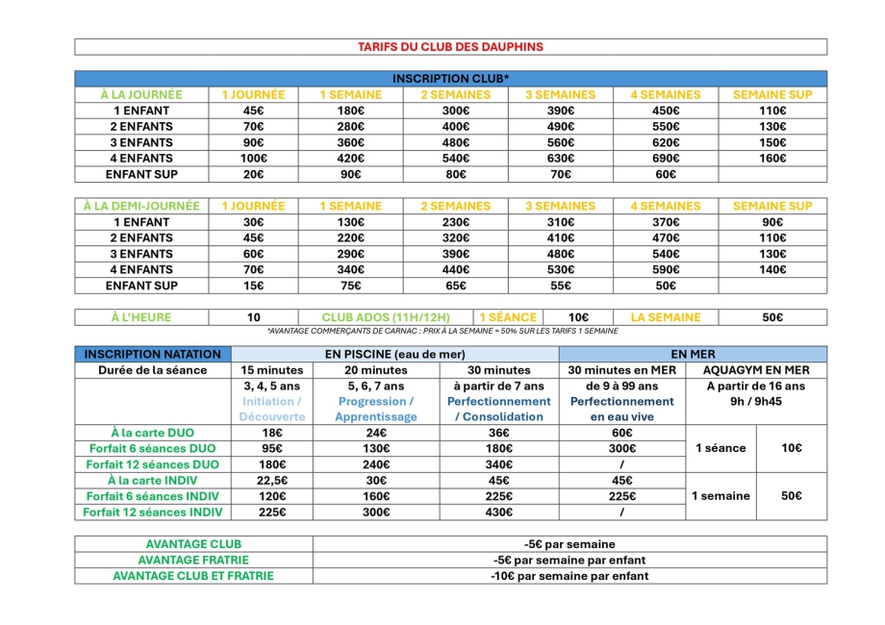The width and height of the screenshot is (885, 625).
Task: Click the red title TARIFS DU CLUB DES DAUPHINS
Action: pyautogui.click(x=450, y=46)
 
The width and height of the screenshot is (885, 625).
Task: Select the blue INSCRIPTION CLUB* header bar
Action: pyautogui.click(x=450, y=79)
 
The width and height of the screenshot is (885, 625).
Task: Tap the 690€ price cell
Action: pyautogui.click(x=667, y=159)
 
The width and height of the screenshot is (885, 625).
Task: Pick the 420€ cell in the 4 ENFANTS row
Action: pyautogui.click(x=351, y=159)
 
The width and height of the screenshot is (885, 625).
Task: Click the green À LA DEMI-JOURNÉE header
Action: pyautogui.click(x=141, y=206)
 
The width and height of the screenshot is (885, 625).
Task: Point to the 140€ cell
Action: pyautogui.click(x=772, y=270)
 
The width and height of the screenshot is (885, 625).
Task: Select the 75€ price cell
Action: pyautogui.click(x=351, y=286)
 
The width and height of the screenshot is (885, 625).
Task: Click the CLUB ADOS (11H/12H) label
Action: pyautogui.click(x=396, y=317)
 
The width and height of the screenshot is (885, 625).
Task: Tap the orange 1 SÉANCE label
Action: pyautogui.click(x=507, y=317)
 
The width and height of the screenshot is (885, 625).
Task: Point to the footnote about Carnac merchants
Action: pyautogui.click(x=442, y=331)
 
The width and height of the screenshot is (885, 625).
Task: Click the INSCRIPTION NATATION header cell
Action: pyautogui.click(x=152, y=354)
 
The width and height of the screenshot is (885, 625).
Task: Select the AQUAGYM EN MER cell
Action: pyautogui.click(x=756, y=370)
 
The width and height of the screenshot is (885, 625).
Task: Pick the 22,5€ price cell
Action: pyautogui.click(x=273, y=481)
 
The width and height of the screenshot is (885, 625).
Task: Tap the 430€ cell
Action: pyautogui.click(x=498, y=512)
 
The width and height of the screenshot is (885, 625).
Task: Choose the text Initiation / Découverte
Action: pyautogui.click(x=273, y=410)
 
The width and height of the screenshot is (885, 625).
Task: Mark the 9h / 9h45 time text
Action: pyautogui.click(x=756, y=401)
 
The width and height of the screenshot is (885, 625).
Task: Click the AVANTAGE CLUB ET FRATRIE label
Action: pyautogui.click(x=193, y=576)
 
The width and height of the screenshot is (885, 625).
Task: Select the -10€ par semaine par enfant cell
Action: pyautogui.click(x=569, y=576)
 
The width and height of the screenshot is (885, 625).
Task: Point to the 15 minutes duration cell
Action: pyautogui.click(x=273, y=370)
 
